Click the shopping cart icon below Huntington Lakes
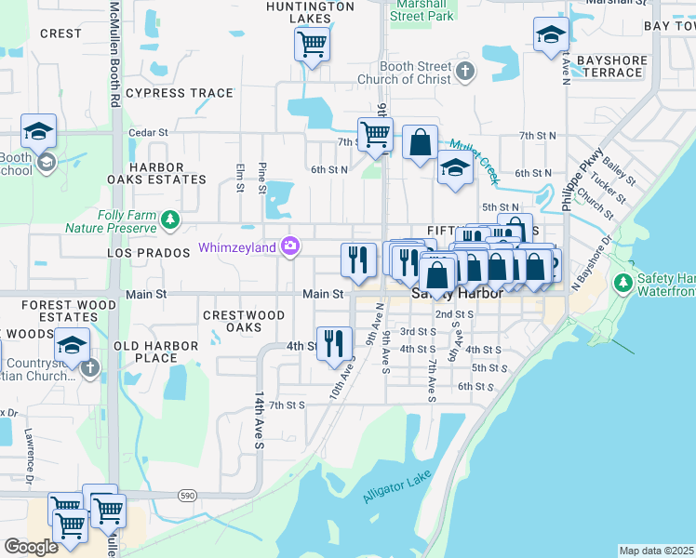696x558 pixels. (312, 43)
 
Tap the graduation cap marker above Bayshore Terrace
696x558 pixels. (551, 35)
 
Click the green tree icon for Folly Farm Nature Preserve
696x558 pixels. (169, 219)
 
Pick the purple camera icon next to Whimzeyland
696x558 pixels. (290, 246)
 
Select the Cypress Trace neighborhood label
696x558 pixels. (180, 93)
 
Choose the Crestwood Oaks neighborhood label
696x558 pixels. (244, 321)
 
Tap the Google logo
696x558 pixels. (31, 546)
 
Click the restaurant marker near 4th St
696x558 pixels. (334, 343)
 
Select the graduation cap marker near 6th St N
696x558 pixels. (454, 169)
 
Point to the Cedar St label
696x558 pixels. (148, 133)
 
